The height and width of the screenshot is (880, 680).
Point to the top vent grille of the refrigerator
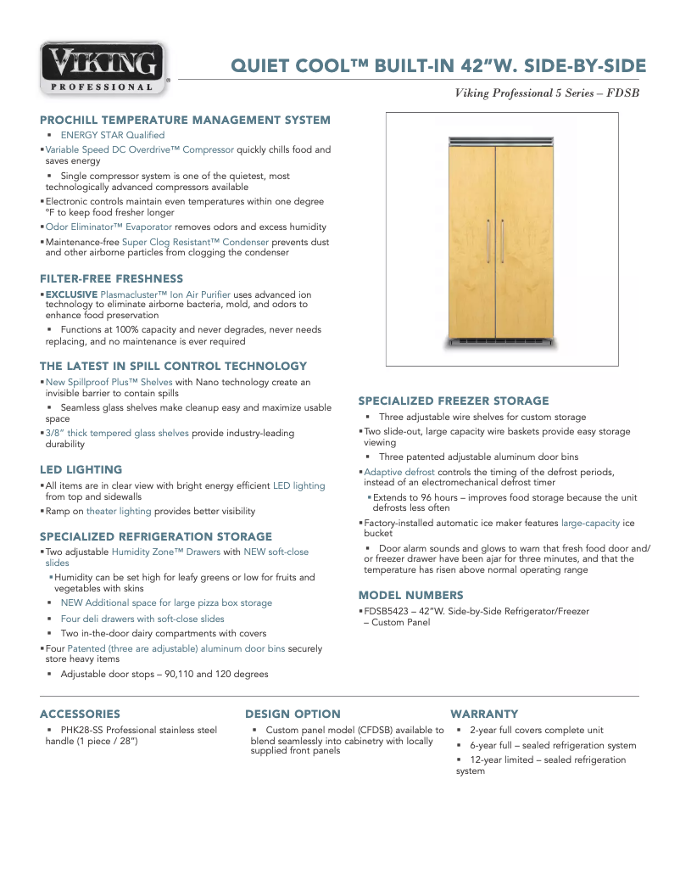click(500, 141)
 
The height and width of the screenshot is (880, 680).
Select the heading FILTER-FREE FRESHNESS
click(111, 278)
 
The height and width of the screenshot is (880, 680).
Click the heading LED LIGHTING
click(81, 469)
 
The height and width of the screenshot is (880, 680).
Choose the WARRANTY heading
click(483, 714)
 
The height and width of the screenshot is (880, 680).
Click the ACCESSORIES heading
click(80, 714)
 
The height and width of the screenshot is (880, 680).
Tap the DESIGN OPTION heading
click(293, 714)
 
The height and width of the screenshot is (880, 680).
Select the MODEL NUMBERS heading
click(410, 595)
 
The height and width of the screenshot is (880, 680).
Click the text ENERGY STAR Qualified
click(112, 135)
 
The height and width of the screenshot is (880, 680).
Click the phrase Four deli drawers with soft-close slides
click(142, 619)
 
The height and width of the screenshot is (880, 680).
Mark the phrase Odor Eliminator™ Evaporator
click(109, 227)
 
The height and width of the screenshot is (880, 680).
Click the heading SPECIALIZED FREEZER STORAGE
click(454, 401)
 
